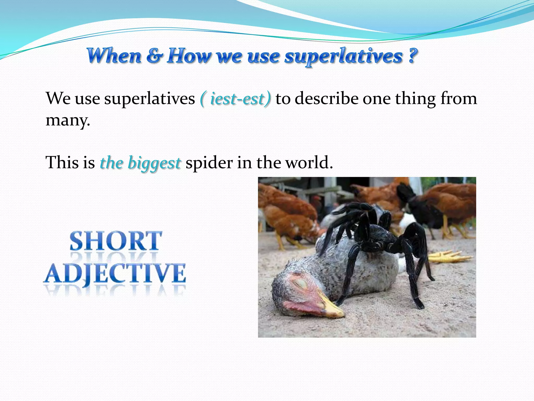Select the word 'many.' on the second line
click(68, 121)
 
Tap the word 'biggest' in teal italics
click(154, 163)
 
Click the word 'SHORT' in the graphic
click(116, 241)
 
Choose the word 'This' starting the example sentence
click(62, 163)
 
